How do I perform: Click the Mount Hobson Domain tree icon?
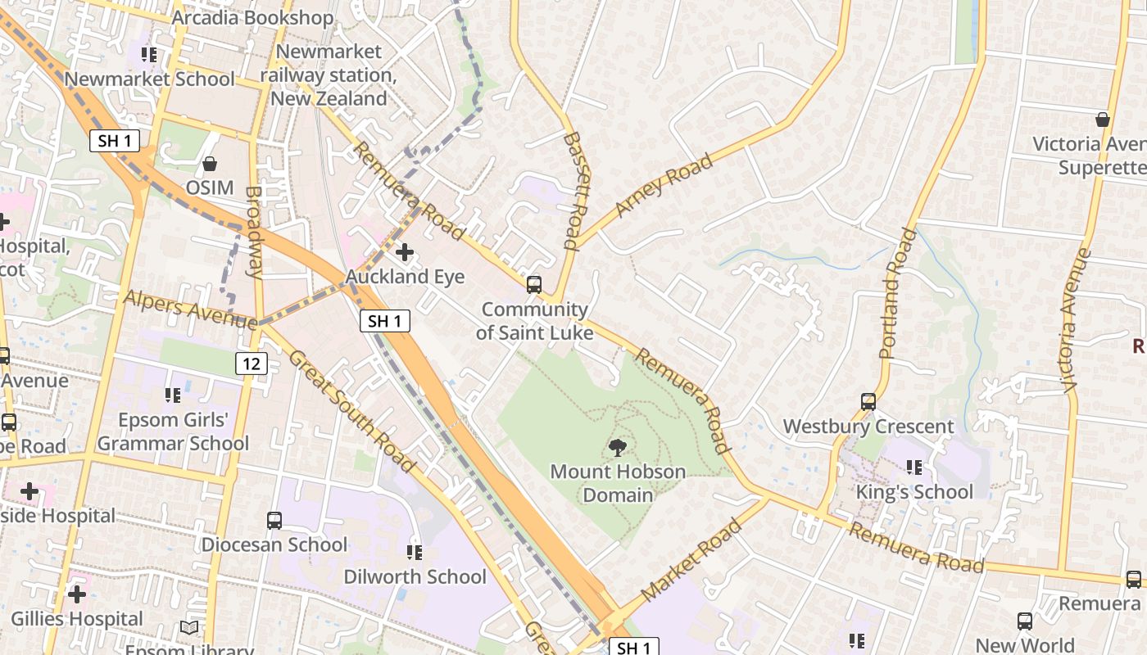[x=618, y=447]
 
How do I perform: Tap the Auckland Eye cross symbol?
[x=405, y=252]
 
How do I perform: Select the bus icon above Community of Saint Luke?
[x=533, y=285]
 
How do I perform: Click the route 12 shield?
[x=252, y=363]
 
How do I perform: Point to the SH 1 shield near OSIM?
[x=115, y=141]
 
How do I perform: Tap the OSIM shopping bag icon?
[x=210, y=164]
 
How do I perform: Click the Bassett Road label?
[x=572, y=190]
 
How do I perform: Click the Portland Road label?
[x=898, y=293]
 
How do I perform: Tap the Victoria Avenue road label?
[x=1077, y=320]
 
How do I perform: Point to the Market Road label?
[x=691, y=559]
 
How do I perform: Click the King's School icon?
[x=914, y=468]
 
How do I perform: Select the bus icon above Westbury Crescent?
[x=868, y=402]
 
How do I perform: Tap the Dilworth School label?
[x=415, y=576]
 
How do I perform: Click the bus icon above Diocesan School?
[x=274, y=520]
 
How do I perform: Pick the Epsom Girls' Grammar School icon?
[x=173, y=395]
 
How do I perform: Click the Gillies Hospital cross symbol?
[x=77, y=594]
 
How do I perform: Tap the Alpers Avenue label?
[x=190, y=309]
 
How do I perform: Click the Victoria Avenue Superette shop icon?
[x=1103, y=120]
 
